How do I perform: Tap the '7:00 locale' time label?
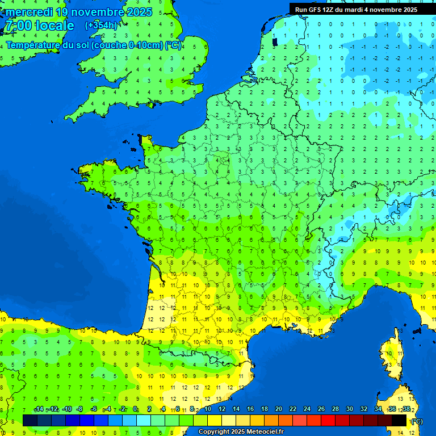tap(40, 26)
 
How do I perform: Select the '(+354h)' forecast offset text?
tap(101, 26)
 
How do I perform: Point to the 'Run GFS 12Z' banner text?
tap(319, 10)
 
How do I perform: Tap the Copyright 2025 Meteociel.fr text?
tap(241, 432)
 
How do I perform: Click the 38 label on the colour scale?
tap(406, 409)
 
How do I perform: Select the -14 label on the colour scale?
tap(39, 409)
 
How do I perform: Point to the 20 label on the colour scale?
tap(278, 409)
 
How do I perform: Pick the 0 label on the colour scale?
tap(135, 409)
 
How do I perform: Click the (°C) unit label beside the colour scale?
tap(417, 421)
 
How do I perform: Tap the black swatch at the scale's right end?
tap(399, 420)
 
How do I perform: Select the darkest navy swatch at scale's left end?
tap(30, 420)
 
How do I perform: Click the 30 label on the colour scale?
tap(349, 409)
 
